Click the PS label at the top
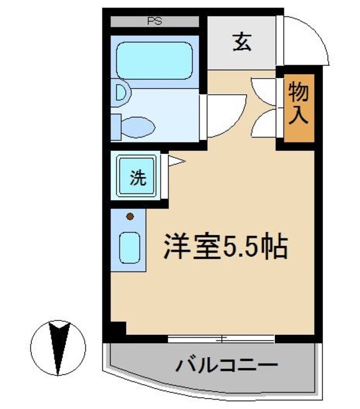point(154,20)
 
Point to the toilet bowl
point(138,126)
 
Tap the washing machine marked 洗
point(137,176)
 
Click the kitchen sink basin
point(130,245)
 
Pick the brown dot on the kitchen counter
point(130,216)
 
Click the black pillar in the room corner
point(116,330)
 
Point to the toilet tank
point(115,126)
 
